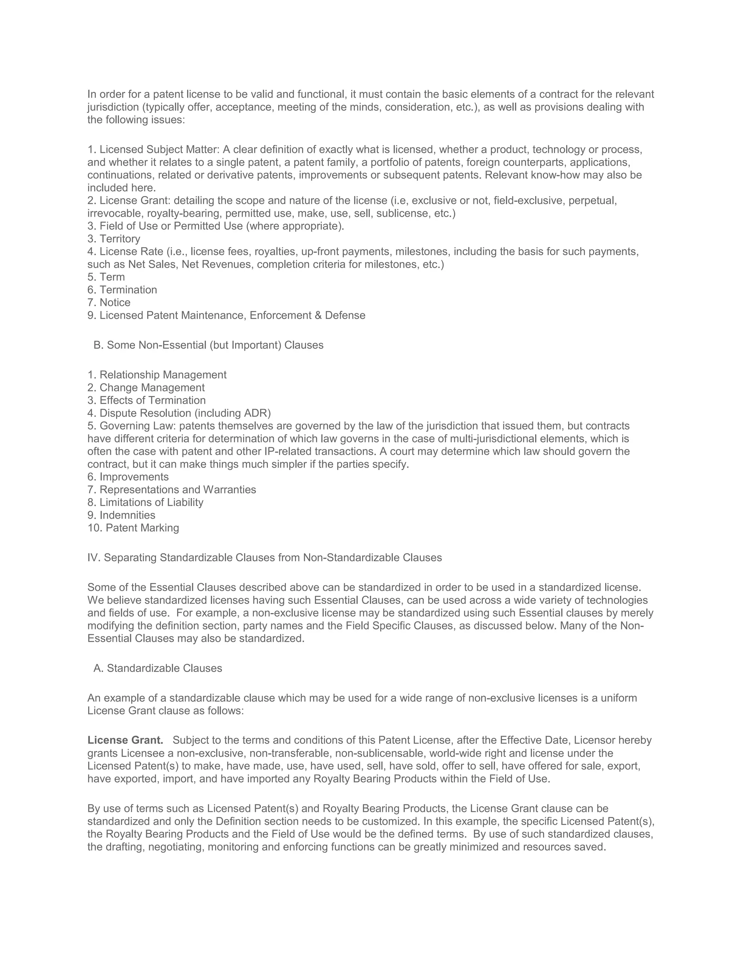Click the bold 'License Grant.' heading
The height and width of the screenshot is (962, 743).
(125, 741)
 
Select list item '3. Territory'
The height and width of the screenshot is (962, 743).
(114, 239)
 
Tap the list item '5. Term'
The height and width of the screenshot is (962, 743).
(106, 277)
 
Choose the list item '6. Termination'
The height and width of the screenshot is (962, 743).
(122, 290)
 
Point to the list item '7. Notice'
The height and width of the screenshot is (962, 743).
(109, 303)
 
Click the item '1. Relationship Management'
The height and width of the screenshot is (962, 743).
(157, 375)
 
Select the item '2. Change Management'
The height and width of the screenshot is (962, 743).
(146, 388)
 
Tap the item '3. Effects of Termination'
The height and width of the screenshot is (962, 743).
(147, 400)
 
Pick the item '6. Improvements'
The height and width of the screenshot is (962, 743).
(128, 477)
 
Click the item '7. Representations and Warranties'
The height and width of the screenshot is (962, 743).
(172, 490)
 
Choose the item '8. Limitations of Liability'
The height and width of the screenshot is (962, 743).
(145, 502)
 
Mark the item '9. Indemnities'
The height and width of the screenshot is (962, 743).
(121, 515)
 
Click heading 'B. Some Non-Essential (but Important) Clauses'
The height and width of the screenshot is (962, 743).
(208, 345)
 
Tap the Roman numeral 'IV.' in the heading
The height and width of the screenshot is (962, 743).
(94, 558)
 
